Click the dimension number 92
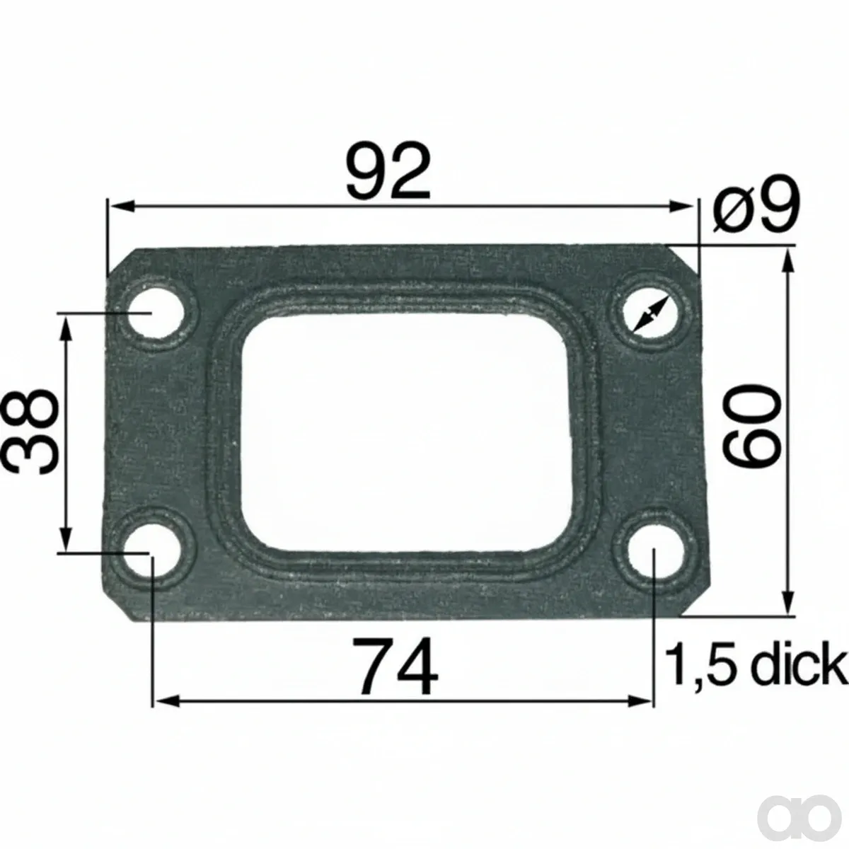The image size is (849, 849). pos(388,172)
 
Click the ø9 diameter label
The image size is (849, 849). pos(756,204)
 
